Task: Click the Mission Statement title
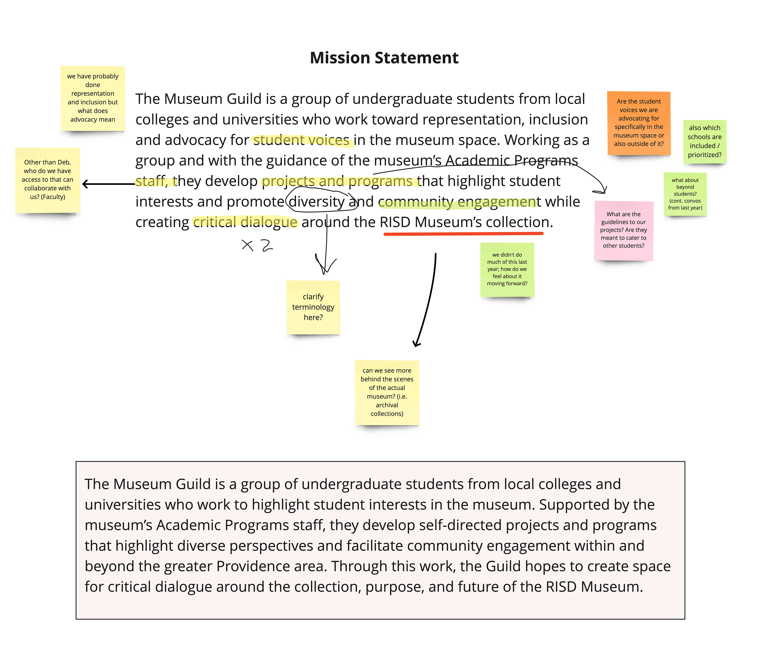coord(384,58)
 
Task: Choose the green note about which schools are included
coord(705,141)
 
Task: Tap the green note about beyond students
coord(685,194)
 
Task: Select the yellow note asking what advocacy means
coord(93,98)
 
